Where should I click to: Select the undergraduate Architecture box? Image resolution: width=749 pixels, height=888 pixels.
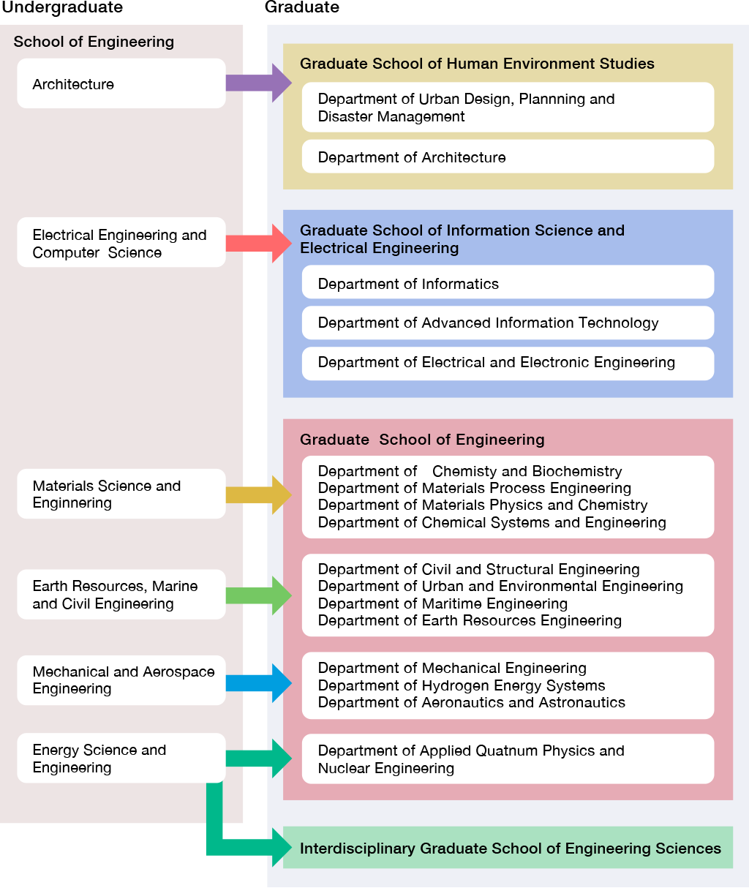point(121,84)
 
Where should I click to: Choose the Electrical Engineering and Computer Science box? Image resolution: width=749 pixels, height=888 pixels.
point(121,243)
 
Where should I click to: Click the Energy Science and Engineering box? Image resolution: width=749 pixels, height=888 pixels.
point(121,759)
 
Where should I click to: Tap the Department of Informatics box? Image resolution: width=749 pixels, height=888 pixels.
point(508,284)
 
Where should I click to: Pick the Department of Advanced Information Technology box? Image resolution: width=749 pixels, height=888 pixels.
point(508,323)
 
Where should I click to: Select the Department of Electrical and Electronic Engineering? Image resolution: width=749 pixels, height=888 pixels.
point(508,363)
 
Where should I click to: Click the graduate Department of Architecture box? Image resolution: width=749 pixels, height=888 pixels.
point(508,157)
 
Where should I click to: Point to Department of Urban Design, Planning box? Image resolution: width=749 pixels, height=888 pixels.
point(508,108)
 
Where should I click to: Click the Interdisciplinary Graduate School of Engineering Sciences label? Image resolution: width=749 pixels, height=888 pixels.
point(510,849)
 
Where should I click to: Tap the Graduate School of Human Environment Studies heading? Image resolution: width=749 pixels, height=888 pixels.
point(477,64)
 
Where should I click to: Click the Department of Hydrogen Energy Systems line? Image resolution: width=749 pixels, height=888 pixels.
point(462,685)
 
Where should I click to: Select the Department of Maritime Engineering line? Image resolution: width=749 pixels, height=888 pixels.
point(443,603)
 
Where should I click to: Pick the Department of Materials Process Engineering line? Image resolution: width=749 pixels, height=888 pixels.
point(474,488)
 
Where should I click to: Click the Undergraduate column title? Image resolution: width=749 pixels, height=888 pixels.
point(61,8)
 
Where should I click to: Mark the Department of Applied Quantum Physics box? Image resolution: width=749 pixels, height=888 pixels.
point(508,759)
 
